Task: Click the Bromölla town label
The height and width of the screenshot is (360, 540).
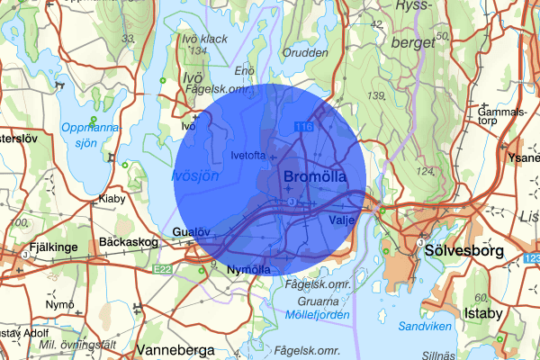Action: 314,178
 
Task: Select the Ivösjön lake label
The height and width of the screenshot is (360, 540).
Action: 195,177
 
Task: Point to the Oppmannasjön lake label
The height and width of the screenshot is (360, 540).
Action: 90,135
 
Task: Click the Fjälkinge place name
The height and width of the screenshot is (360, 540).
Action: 41,243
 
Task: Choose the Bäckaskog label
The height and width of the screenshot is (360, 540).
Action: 128,243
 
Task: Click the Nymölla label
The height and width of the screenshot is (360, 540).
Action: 249,269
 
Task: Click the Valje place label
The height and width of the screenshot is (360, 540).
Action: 332,218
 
